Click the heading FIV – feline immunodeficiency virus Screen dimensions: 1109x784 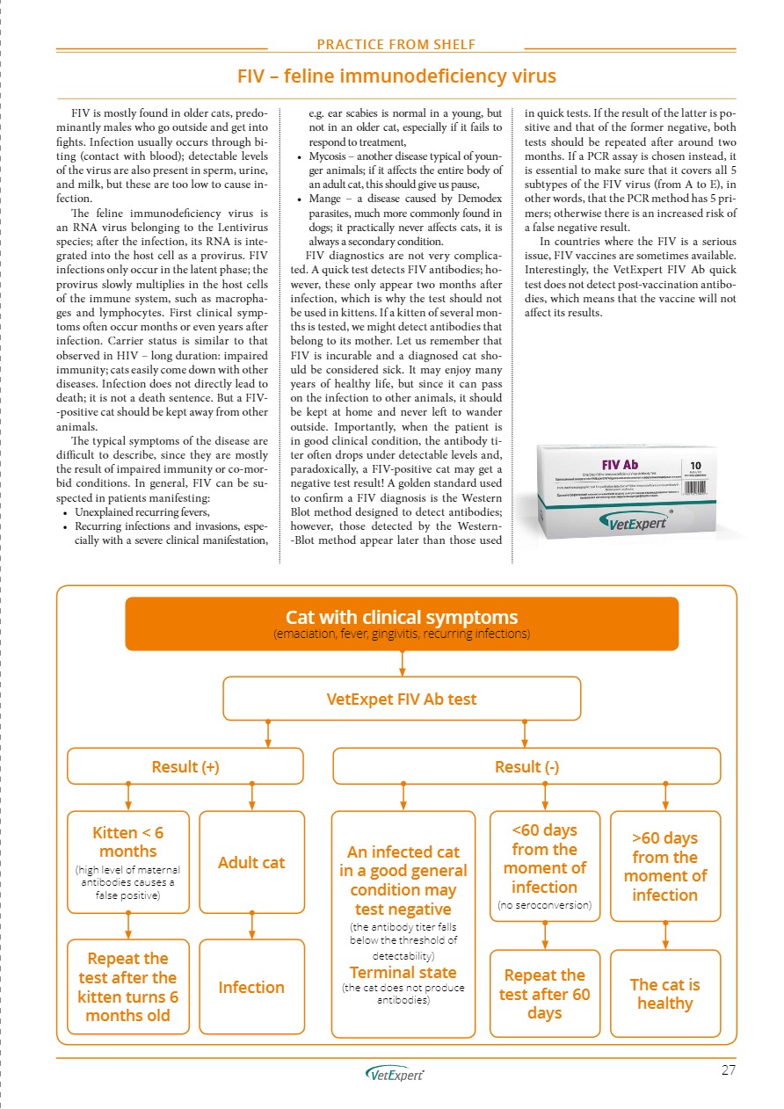point(396,76)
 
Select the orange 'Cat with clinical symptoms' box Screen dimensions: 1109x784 point(402,623)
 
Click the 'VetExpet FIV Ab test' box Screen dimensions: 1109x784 point(402,699)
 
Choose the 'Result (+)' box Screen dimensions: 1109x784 point(185,765)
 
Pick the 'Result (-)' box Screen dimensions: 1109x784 point(526,765)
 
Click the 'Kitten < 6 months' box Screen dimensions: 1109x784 point(128,861)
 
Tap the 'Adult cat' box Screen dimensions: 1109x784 point(251,862)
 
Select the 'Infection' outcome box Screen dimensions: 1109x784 point(251,987)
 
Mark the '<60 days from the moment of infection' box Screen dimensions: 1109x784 point(544,866)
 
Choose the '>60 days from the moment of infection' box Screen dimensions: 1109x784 point(664,866)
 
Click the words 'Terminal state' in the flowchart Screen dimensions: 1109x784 point(403,972)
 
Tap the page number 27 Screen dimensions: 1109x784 point(727,1069)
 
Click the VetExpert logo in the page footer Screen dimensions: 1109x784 point(395,1074)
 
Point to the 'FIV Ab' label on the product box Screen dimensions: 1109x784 point(620,463)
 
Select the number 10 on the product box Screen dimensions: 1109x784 point(696,462)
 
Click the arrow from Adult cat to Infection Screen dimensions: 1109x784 point(252,926)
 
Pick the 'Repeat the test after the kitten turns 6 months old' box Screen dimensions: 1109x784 point(128,987)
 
